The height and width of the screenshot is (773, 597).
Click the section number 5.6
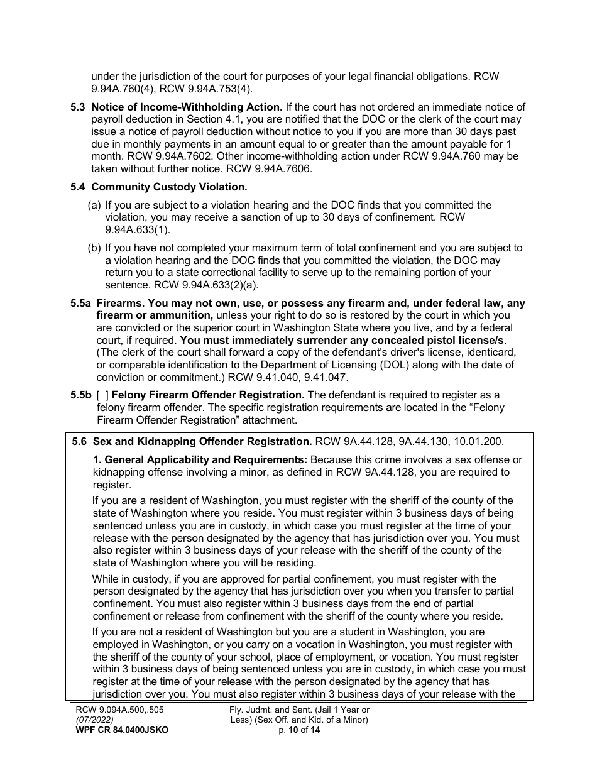pos(80,442)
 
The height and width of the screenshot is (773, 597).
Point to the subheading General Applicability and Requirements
pos(200,460)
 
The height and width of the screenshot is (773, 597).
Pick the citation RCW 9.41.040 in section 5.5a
pos(280,377)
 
